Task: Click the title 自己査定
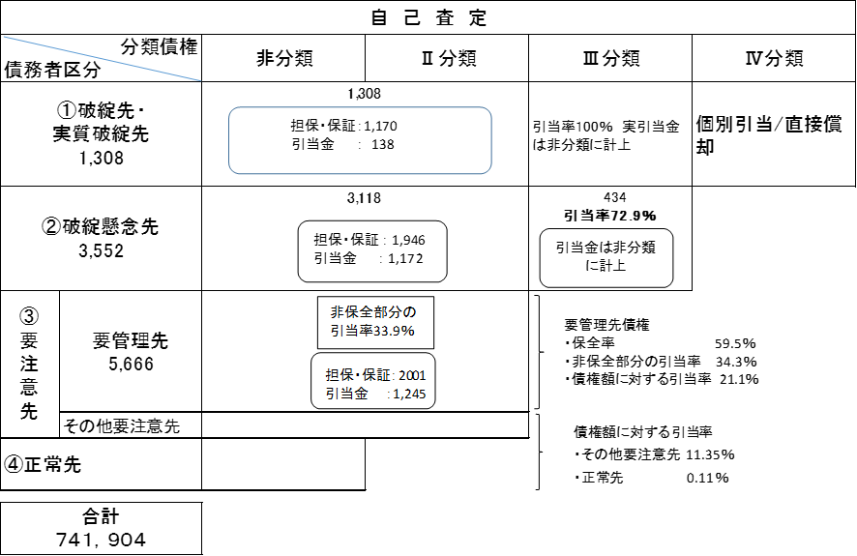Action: click(x=428, y=17)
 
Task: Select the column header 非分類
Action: click(x=284, y=58)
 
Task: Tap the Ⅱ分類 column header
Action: click(x=449, y=58)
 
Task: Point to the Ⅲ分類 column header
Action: click(x=611, y=58)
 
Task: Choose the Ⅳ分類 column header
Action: click(x=775, y=58)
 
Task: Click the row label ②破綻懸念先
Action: click(x=101, y=226)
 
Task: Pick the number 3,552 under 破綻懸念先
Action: click(x=102, y=250)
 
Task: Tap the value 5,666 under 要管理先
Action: click(x=131, y=364)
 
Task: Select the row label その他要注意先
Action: click(x=121, y=426)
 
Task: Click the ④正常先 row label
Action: click(x=43, y=464)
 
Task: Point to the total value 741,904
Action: click(x=102, y=540)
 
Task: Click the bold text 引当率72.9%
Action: click(x=610, y=216)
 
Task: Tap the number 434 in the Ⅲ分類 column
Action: click(x=615, y=197)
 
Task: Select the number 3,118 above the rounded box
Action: click(x=364, y=197)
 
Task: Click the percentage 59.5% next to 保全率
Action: click(x=735, y=343)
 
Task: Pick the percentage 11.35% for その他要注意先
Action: click(x=710, y=454)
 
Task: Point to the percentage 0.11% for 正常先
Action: click(x=707, y=478)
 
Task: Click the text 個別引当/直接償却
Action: click(x=768, y=135)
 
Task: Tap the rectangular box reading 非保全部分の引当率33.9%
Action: click(x=375, y=322)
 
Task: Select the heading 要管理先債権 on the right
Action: click(x=606, y=325)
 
